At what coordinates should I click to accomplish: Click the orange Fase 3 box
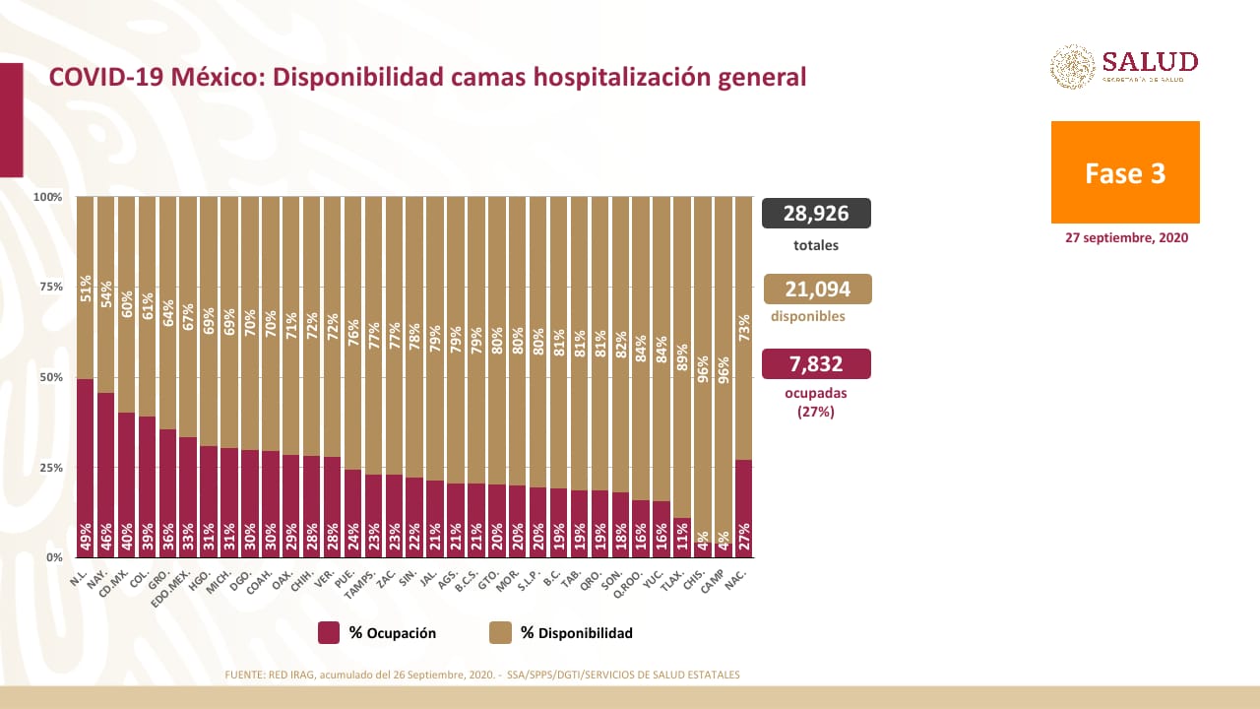tap(1125, 172)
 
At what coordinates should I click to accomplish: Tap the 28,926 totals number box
tap(817, 213)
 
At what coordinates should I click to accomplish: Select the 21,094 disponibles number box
tap(817, 289)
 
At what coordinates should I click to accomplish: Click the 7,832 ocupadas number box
tap(817, 364)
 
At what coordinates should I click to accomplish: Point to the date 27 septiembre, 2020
tap(1126, 238)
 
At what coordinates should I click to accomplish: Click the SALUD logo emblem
tap(1072, 66)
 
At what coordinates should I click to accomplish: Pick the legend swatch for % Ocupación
tap(329, 633)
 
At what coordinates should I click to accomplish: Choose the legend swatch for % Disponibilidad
tap(499, 633)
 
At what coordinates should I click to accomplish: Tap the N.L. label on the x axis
tap(80, 578)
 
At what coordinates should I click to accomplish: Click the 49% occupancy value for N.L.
tap(85, 538)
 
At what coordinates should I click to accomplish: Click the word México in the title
tap(218, 78)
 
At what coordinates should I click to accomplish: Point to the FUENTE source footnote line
tap(481, 675)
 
